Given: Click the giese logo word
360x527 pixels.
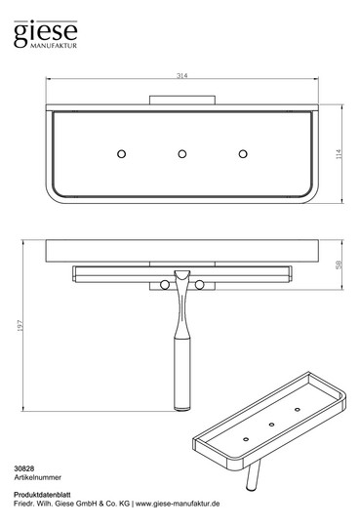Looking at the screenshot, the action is tap(46, 32).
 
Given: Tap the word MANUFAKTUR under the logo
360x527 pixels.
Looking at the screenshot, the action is tap(54, 46).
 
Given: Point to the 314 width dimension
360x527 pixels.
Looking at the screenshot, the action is tap(181, 75).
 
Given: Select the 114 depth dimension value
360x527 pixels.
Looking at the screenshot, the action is tap(339, 154).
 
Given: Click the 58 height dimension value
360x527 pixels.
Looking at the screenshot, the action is tap(339, 264).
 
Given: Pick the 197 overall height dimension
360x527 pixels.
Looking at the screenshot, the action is tap(20, 325).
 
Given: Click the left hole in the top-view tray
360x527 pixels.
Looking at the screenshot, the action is tap(121, 154).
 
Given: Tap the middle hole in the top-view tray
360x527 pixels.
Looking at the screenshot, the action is tap(182, 154).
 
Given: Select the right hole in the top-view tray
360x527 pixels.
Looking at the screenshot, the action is tap(243, 154).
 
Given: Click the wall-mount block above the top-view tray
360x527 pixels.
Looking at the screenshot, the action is tap(182, 101).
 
